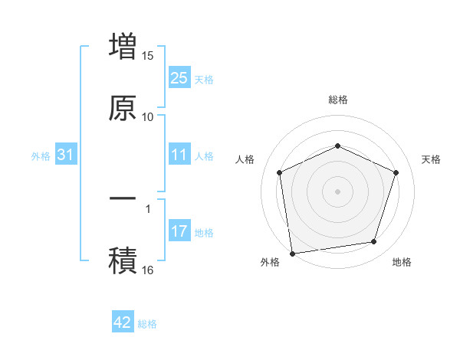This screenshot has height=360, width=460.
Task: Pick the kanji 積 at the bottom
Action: point(123,260)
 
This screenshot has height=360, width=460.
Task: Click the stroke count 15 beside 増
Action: point(148,56)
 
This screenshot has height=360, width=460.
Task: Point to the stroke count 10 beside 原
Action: point(148,116)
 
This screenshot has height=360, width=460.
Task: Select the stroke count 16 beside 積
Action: point(148,270)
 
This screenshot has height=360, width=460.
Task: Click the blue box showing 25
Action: point(179,77)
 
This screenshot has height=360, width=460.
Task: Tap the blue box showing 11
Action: point(179,155)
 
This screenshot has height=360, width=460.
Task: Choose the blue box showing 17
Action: point(179,231)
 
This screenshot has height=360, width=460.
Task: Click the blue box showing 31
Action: point(66,155)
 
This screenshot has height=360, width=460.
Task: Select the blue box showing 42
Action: point(123,322)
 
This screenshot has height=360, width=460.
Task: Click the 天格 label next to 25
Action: point(204,79)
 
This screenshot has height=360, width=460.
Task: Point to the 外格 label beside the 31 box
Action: point(41,156)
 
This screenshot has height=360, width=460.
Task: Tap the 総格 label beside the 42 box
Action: point(147,324)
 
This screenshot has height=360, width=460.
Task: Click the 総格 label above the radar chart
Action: point(337,100)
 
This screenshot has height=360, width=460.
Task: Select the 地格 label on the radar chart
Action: point(402,262)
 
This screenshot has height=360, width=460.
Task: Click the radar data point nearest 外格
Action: point(292,253)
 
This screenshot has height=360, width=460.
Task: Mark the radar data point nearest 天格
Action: point(396,172)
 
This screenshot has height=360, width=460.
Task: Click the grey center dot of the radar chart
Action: point(337,191)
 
